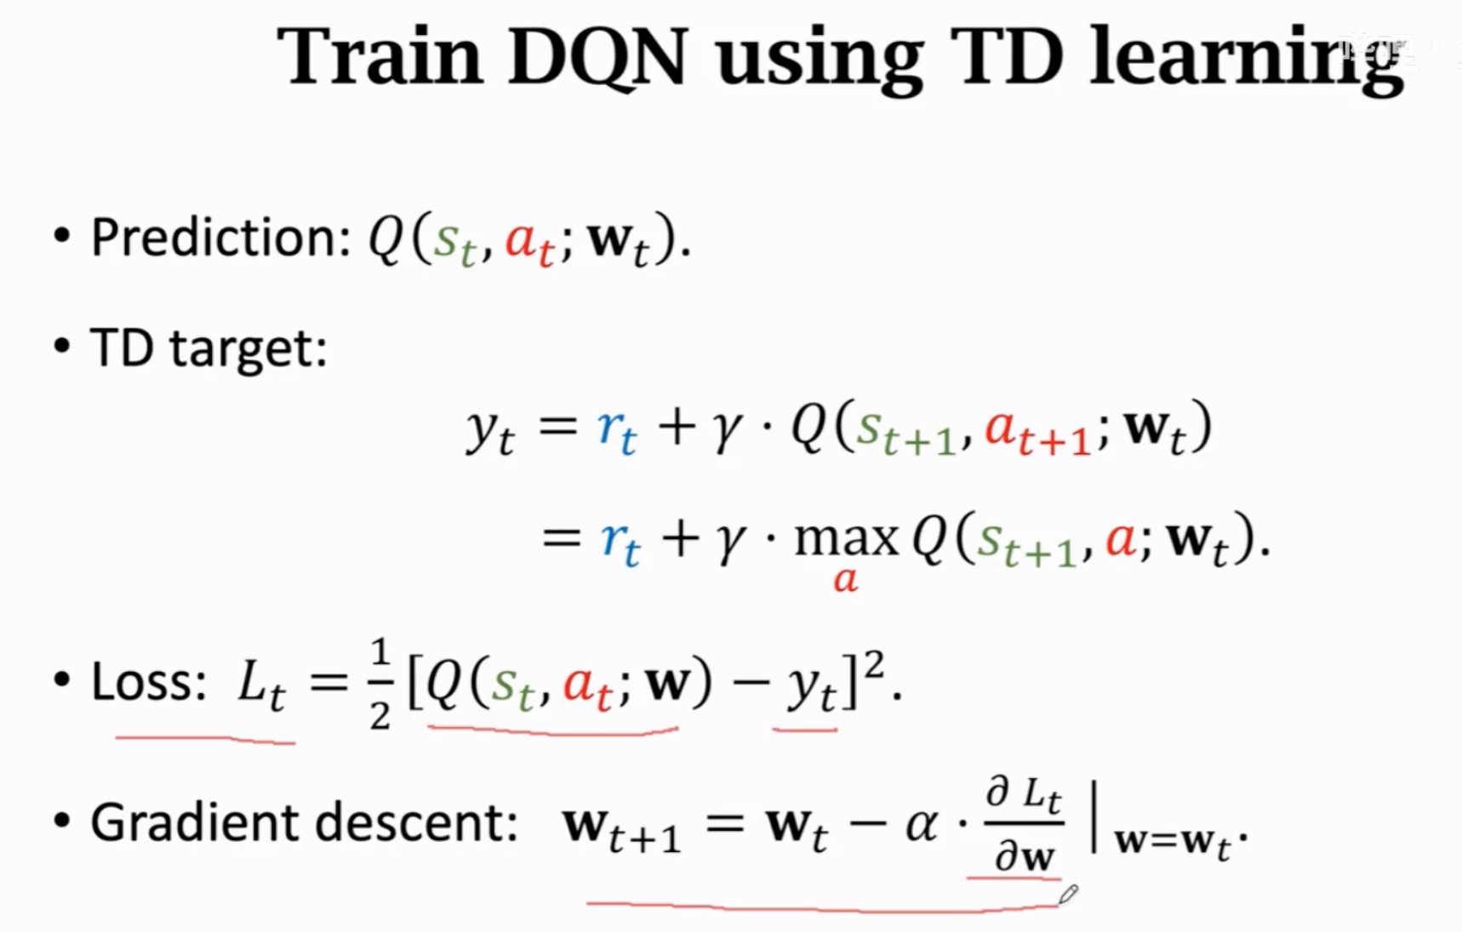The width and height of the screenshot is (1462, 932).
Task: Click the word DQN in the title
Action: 597,57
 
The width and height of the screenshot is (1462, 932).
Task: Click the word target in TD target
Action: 248,349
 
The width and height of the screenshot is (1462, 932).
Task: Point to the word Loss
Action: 148,682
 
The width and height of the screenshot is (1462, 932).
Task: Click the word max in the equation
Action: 846,538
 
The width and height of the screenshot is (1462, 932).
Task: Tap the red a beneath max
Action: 845,580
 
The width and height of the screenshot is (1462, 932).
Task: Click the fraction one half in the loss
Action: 380,685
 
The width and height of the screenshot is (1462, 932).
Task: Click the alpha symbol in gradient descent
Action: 921,824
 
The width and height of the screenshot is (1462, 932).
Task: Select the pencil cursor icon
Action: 1068,895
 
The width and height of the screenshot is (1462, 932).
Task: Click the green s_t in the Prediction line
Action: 454,242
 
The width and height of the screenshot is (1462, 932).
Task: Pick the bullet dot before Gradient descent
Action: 61,822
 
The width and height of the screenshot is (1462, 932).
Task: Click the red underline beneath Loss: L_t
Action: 206,740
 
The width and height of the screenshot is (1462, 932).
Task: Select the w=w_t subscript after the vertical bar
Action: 1173,843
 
